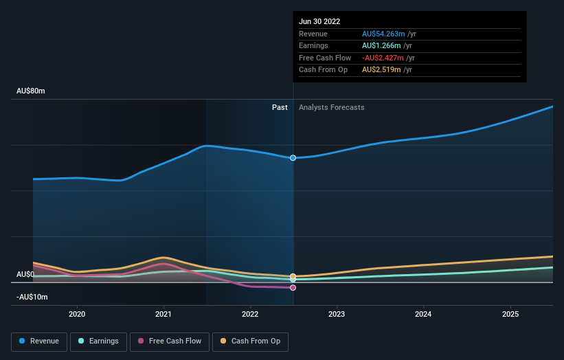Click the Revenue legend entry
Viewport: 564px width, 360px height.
(x=39, y=341)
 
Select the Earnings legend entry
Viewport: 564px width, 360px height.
(x=98, y=341)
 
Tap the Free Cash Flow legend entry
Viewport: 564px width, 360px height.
(x=169, y=341)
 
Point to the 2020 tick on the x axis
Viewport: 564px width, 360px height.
(x=77, y=314)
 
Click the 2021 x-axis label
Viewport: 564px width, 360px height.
(x=163, y=314)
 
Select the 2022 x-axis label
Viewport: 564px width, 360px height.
(x=250, y=314)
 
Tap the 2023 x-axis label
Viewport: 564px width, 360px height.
(x=337, y=314)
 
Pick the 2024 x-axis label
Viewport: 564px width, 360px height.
(x=423, y=314)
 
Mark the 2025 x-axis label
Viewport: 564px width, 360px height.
(x=510, y=314)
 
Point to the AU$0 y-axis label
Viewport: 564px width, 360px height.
(x=25, y=274)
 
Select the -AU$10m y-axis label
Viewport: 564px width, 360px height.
(x=33, y=297)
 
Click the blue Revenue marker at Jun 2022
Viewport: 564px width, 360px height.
(x=293, y=158)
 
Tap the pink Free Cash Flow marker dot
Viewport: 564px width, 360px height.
(x=293, y=288)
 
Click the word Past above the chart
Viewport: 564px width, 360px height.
(x=280, y=107)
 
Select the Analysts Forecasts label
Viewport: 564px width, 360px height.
(x=331, y=107)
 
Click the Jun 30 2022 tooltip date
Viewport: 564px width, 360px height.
(x=319, y=22)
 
